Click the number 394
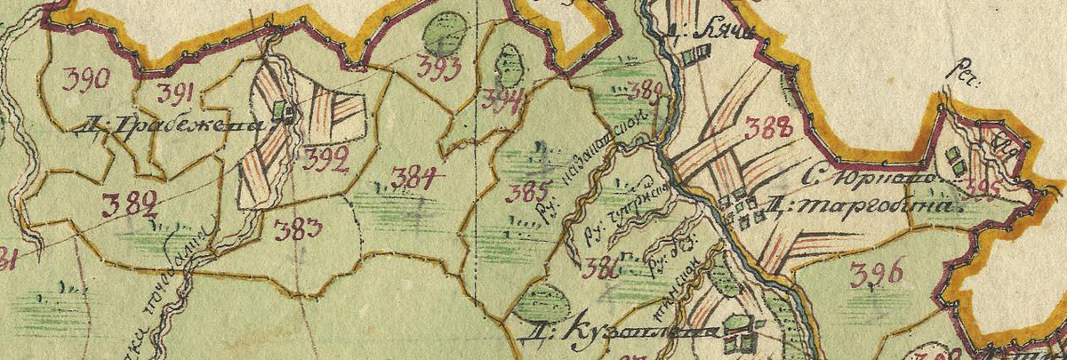click(501, 99)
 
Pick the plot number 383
click(299, 231)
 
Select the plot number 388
click(767, 129)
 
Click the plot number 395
click(983, 188)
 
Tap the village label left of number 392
click(179, 125)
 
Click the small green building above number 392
click(284, 111)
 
